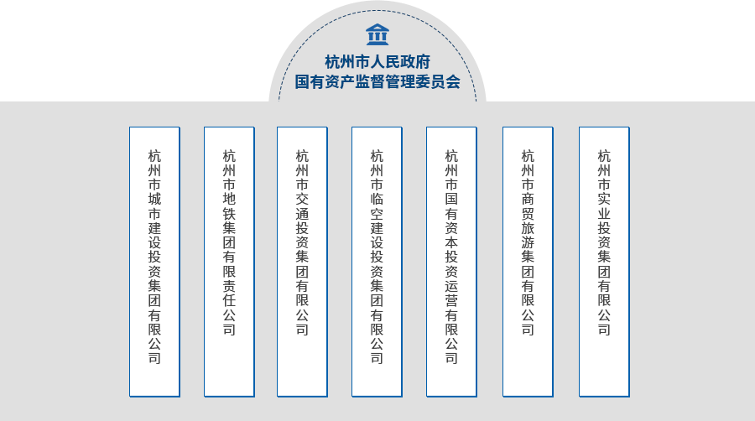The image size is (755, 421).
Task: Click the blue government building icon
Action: [377, 34]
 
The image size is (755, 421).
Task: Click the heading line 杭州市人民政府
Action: [377, 62]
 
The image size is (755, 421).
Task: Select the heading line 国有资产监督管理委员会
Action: [377, 82]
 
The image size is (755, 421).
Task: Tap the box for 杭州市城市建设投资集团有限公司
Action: [154, 262]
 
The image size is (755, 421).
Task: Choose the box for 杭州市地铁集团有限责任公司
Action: [229, 262]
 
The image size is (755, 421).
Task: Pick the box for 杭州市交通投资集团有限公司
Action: [302, 262]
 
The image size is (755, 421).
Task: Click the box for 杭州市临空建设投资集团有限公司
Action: [377, 262]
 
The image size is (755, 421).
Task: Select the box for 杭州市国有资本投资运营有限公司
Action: [451, 262]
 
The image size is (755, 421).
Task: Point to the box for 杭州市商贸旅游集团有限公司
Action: [528, 262]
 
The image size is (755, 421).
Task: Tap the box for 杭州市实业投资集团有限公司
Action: [604, 262]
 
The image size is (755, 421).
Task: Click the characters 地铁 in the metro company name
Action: [229, 206]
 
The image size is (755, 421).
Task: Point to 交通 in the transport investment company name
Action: [302, 206]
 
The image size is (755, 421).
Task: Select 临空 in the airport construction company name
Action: [377, 206]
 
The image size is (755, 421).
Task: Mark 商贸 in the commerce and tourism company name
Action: [528, 206]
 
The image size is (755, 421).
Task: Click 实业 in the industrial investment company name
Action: [604, 206]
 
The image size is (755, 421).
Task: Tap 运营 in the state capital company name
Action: [451, 294]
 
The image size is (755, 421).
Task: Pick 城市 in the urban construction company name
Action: [154, 206]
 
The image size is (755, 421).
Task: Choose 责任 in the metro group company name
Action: [229, 294]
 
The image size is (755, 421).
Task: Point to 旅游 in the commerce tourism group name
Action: [528, 236]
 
